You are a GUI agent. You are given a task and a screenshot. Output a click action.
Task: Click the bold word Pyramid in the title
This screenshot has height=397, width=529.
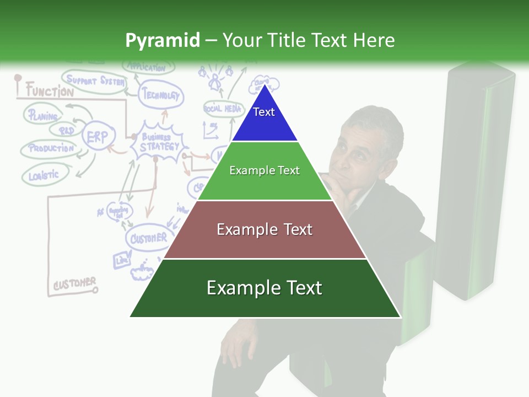(x=162, y=40)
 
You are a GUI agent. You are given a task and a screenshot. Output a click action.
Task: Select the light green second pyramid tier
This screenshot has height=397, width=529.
(x=264, y=171)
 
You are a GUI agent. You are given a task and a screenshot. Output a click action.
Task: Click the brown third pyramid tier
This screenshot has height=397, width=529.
(x=264, y=229)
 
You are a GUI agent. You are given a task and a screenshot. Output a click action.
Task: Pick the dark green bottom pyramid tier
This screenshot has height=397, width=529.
(x=264, y=288)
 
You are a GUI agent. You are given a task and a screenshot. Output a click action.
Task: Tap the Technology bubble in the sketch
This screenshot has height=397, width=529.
(x=160, y=95)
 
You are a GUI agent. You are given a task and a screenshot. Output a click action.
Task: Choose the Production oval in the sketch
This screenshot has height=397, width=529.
(x=51, y=148)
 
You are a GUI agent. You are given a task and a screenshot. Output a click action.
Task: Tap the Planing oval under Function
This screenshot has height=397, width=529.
(x=44, y=116)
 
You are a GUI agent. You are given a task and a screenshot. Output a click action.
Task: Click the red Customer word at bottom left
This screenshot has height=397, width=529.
(x=74, y=283)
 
